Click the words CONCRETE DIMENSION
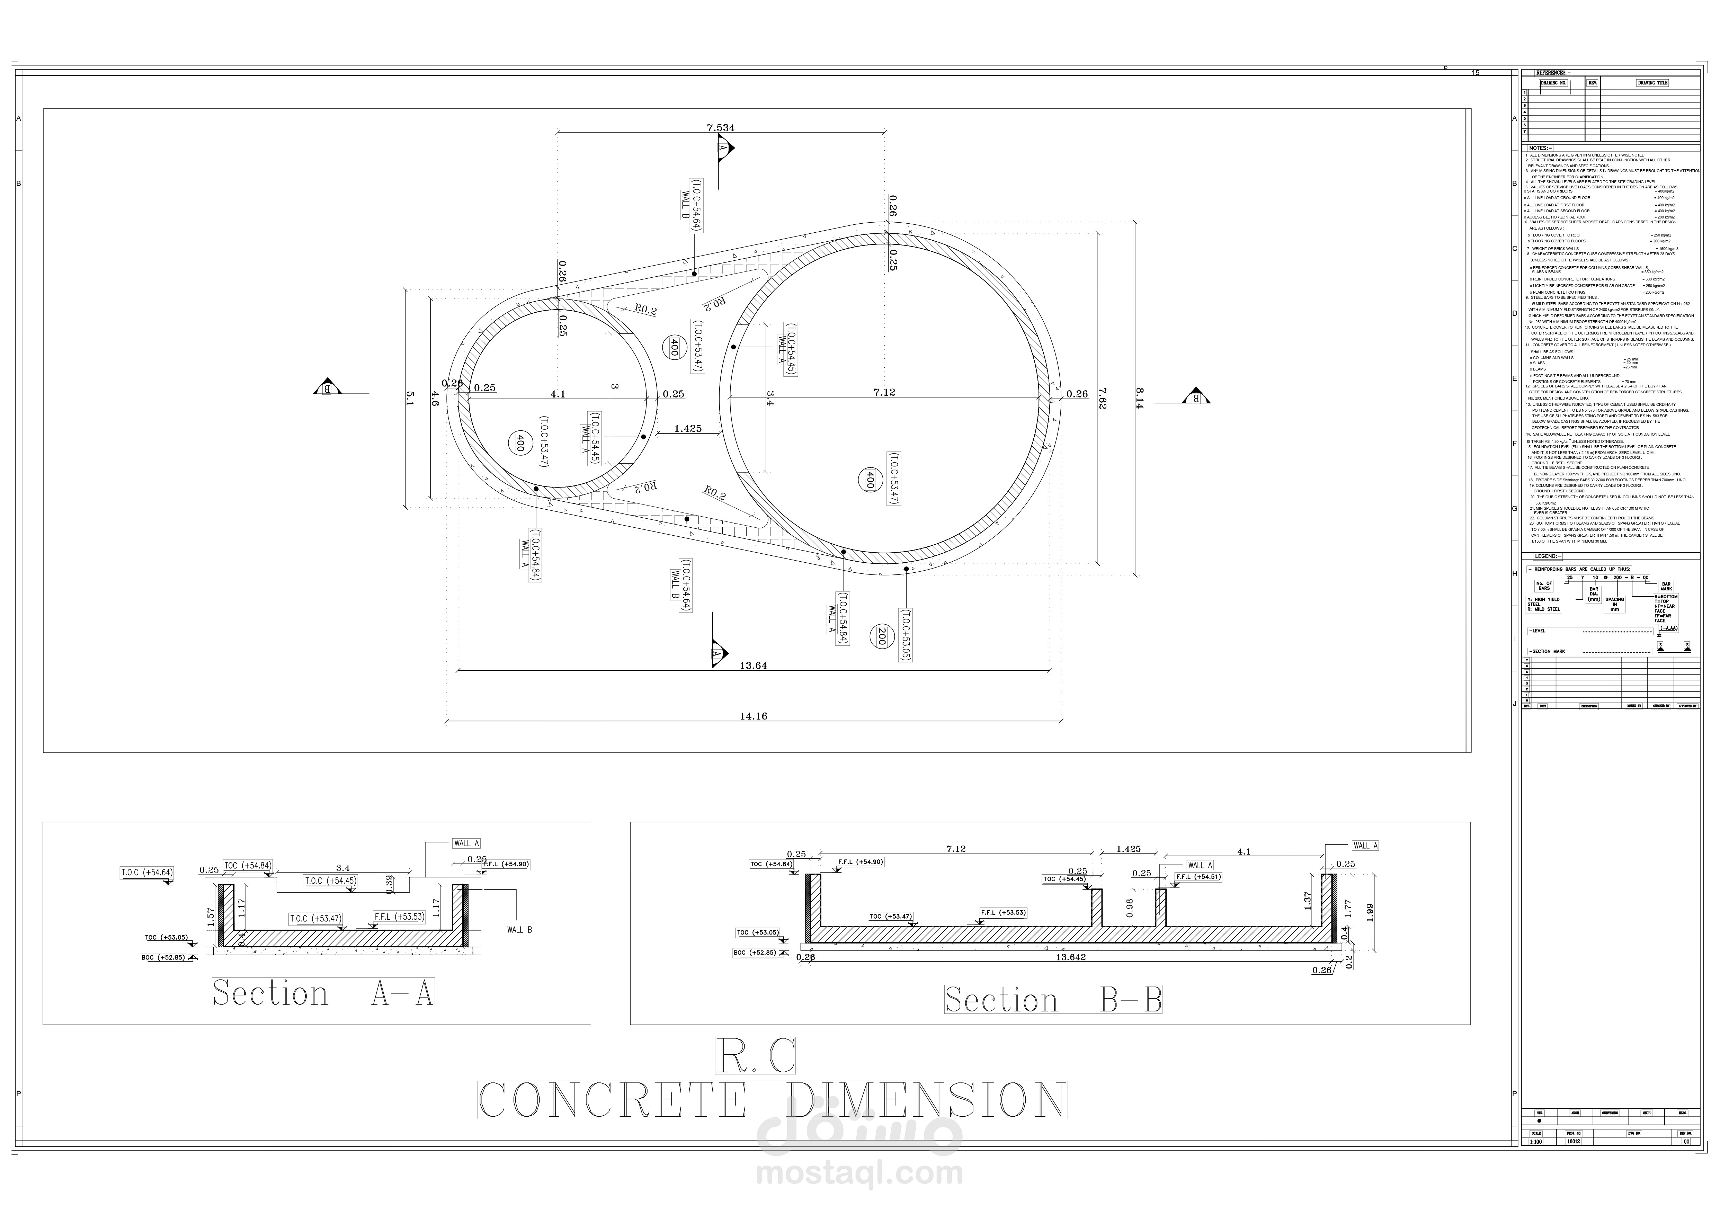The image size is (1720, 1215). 772,1100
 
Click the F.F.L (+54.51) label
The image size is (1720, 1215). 1198,876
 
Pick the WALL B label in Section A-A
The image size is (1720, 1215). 519,930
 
